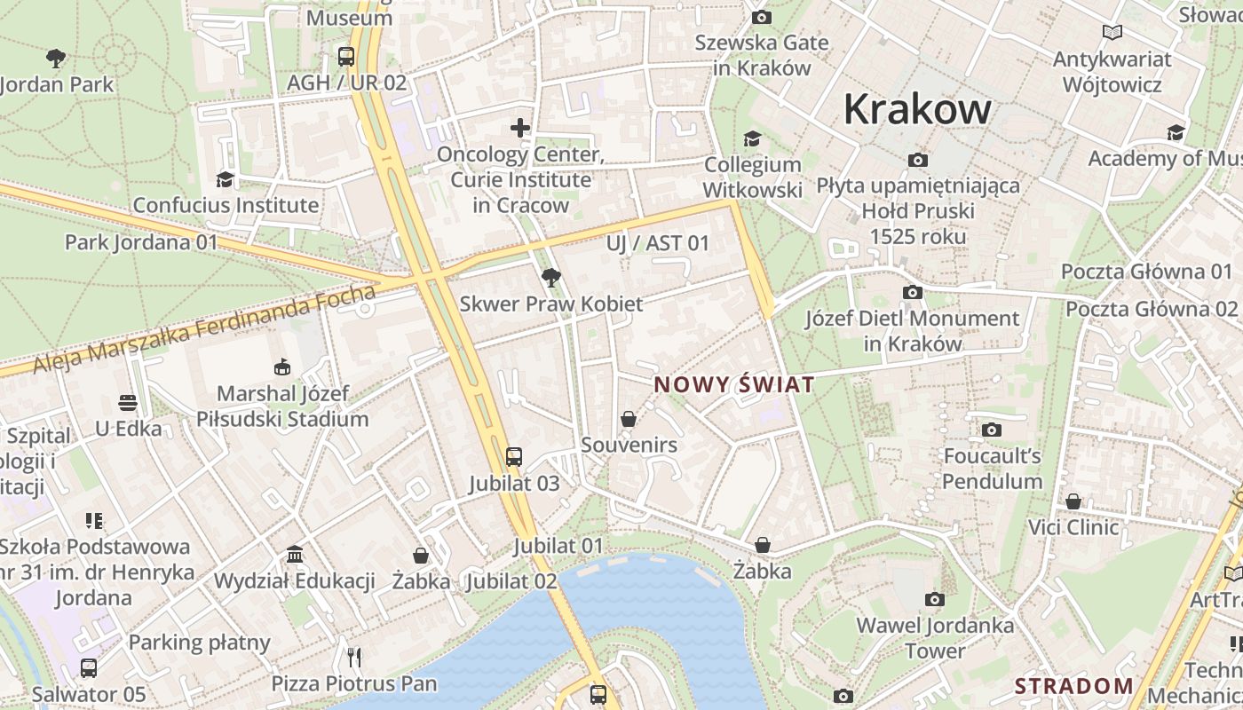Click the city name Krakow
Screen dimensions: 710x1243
click(916, 109)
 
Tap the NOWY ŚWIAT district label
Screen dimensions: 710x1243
click(733, 384)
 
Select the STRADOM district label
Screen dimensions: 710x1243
click(1074, 685)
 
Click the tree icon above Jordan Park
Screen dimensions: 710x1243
click(56, 59)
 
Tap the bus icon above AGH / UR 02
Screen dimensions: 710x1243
click(346, 57)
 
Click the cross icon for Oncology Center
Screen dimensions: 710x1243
click(520, 128)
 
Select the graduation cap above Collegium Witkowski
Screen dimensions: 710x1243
click(752, 138)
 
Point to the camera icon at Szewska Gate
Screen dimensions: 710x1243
click(761, 17)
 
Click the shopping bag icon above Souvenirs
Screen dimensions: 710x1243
click(629, 418)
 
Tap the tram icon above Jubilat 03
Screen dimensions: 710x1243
click(514, 457)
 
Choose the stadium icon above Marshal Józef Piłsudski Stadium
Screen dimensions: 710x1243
click(282, 367)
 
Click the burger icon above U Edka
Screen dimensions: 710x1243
click(128, 403)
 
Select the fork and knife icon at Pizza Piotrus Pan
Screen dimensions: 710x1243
click(354, 657)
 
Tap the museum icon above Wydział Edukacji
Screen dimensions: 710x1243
click(295, 556)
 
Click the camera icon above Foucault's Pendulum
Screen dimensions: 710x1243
click(992, 430)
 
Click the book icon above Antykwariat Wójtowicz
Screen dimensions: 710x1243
click(1112, 33)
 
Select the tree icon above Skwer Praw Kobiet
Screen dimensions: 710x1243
click(551, 278)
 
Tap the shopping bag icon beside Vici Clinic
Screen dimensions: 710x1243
click(1073, 501)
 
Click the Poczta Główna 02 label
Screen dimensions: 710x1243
click(1151, 309)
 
